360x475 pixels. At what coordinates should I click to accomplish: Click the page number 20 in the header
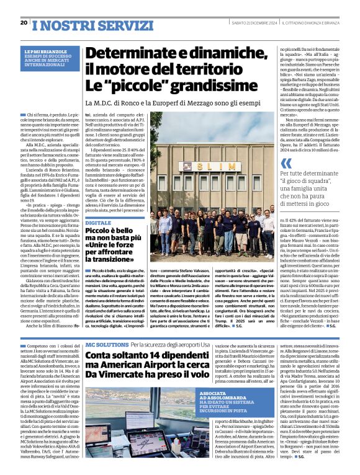click(x=24, y=22)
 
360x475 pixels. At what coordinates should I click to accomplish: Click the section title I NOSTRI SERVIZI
click(x=74, y=24)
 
